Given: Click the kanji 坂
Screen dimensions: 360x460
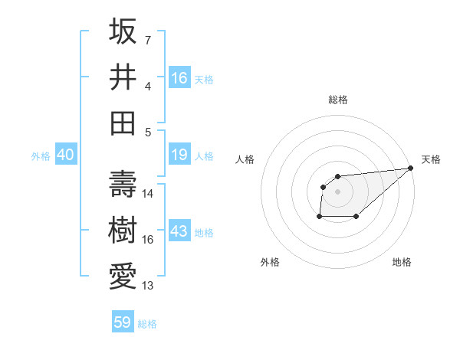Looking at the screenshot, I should (123, 31).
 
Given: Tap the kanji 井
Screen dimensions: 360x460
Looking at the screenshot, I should (123, 77).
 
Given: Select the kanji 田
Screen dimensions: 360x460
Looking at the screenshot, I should (123, 123).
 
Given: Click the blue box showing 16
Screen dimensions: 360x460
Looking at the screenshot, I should (179, 77).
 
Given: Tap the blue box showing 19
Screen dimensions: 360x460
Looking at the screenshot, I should (179, 155).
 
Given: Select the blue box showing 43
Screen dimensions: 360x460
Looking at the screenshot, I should (179, 232).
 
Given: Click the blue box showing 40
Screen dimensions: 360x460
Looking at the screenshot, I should (65, 155).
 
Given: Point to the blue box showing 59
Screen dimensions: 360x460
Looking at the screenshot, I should (123, 322).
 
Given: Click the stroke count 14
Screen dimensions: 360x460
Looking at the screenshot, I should (148, 194).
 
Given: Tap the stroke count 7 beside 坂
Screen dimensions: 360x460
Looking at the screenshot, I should (148, 40).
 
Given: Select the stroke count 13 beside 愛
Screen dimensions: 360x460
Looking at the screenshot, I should (148, 286).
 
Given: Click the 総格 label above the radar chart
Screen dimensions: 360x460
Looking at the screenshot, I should (337, 100).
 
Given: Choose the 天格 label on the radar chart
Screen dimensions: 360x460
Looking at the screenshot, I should (431, 159).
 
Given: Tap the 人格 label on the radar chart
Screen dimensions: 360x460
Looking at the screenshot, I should (245, 159).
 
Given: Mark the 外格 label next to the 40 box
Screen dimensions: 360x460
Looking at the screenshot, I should (41, 156).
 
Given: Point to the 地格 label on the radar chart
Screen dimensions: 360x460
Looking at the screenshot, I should (402, 262).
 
